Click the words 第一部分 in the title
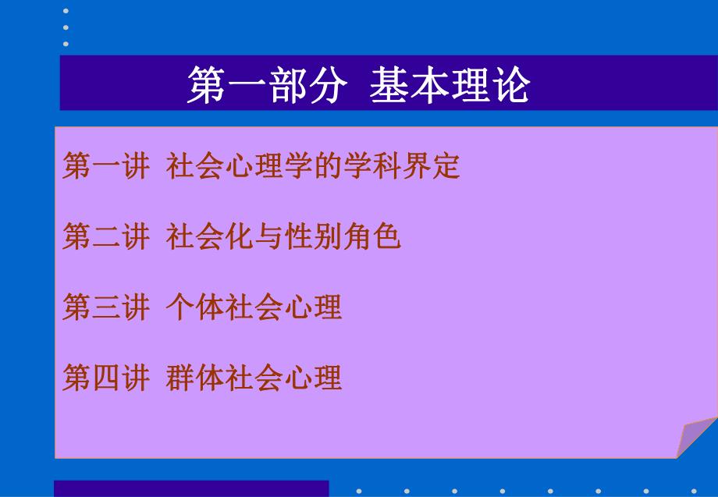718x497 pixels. (266, 85)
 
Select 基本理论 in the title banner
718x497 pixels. (450, 85)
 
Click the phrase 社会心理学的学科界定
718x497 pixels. (313, 167)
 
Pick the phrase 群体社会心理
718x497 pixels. (254, 378)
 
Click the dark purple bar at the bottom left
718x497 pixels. (191, 488)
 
